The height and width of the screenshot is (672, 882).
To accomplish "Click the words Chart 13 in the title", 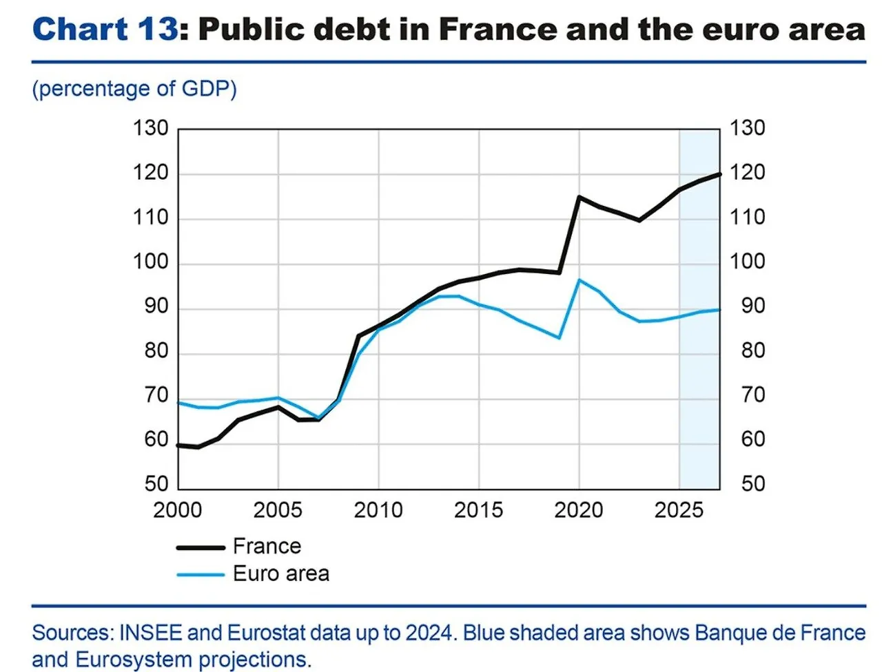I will click(x=105, y=30).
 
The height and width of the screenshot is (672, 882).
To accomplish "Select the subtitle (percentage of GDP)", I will click(x=134, y=89).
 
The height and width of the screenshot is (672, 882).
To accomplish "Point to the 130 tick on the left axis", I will click(x=150, y=128).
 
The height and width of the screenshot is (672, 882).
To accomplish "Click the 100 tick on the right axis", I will click(x=748, y=262).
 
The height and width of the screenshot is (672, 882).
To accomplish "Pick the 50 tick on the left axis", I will click(x=156, y=484).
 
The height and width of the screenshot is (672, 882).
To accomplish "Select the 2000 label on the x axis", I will click(x=178, y=510).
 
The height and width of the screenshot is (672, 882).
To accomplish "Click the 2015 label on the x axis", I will click(x=478, y=510).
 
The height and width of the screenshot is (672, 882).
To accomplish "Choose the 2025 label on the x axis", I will click(x=679, y=510).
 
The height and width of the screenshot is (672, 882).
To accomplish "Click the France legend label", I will click(x=267, y=546).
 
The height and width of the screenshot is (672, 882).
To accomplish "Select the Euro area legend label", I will click(x=280, y=574).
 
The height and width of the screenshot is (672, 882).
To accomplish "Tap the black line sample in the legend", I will click(x=201, y=547).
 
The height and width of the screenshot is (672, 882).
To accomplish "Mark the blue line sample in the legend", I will click(x=201, y=574).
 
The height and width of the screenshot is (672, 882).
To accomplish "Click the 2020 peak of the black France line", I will click(x=579, y=197).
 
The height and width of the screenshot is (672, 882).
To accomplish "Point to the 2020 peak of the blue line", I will click(x=579, y=280).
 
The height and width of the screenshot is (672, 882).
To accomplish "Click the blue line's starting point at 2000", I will click(x=179, y=402).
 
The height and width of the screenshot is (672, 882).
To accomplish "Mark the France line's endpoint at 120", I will click(x=719, y=174).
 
